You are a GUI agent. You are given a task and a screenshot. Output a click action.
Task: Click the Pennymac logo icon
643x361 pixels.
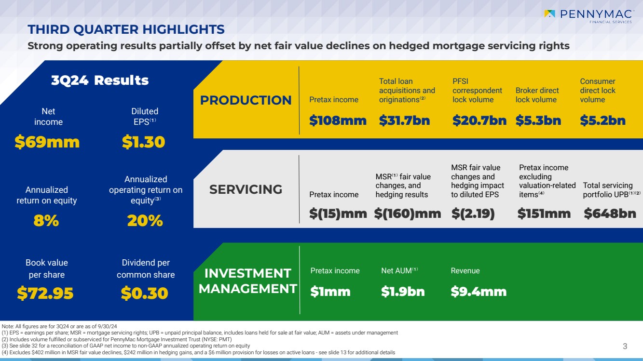pyautogui.click(x=550, y=14)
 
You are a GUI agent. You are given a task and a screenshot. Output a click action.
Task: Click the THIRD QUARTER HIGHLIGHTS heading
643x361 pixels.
pyautogui.click(x=126, y=29)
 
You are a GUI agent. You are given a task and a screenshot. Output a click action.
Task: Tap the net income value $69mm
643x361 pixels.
pyautogui.click(x=47, y=142)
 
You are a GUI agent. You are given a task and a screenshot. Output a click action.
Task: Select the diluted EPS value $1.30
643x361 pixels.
pyautogui.click(x=144, y=142)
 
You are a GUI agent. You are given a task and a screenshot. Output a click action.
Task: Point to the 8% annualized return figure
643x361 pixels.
pyautogui.click(x=46, y=221)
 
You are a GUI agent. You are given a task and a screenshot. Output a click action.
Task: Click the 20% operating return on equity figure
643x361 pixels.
pyautogui.click(x=145, y=221)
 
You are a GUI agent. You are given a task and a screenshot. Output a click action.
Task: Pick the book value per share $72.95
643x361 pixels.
pyautogui.click(x=45, y=293)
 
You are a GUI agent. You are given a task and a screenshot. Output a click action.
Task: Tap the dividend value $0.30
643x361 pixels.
pyautogui.click(x=145, y=293)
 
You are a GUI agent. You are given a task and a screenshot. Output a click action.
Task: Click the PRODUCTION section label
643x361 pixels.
pyautogui.click(x=246, y=100)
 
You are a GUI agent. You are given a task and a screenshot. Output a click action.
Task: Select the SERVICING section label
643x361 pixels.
pyautogui.click(x=246, y=189)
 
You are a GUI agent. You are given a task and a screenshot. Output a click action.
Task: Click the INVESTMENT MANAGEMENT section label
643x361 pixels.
pyautogui.click(x=247, y=281)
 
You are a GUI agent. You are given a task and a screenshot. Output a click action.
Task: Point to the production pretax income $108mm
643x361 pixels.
pyautogui.click(x=338, y=120)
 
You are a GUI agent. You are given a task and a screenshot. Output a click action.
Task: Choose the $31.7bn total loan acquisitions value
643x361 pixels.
pyautogui.click(x=404, y=120)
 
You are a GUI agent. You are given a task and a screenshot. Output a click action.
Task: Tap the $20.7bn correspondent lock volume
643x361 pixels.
pyautogui.click(x=479, y=120)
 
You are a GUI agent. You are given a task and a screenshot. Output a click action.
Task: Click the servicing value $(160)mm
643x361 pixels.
pyautogui.click(x=408, y=214)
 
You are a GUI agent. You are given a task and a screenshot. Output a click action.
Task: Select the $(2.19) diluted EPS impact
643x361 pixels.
pyautogui.click(x=473, y=214)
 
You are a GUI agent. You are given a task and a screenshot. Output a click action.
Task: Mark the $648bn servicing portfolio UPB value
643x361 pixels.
pyautogui.click(x=610, y=214)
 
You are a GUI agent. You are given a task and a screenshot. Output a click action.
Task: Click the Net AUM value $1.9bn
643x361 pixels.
pyautogui.click(x=403, y=292)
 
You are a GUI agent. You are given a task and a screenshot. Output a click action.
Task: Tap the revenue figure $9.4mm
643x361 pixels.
pyautogui.click(x=479, y=292)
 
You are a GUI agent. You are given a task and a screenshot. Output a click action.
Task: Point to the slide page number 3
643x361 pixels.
pyautogui.click(x=625, y=346)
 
